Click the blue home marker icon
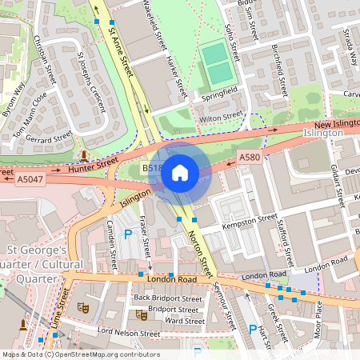click(x=180, y=172)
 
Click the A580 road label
click(x=249, y=159)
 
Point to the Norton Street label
click(x=200, y=254)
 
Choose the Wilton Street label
click(x=220, y=118)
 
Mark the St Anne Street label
click(x=120, y=50)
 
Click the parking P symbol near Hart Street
click(x=253, y=329)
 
